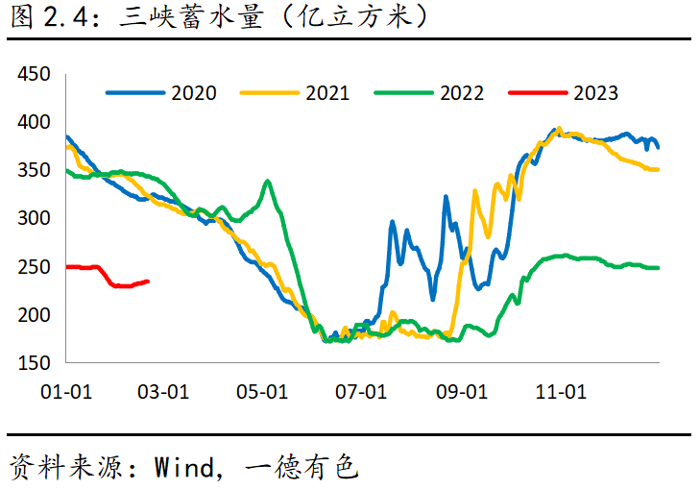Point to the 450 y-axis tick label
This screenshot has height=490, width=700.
click(x=35, y=75)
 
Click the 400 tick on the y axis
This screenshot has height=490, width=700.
click(x=35, y=123)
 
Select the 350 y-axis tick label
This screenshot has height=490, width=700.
click(x=35, y=171)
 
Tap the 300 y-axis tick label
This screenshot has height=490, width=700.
click(x=35, y=219)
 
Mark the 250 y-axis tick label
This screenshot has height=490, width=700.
click(x=35, y=267)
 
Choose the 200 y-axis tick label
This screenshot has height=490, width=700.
click(x=35, y=315)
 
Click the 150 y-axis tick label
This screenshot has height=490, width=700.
click(x=35, y=363)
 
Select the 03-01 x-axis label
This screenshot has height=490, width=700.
click(x=163, y=392)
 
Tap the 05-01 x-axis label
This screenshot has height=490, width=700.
click(x=262, y=392)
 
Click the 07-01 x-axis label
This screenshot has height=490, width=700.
click(x=361, y=392)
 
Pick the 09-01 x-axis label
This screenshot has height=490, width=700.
click(x=461, y=392)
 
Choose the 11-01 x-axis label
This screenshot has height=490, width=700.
click(x=561, y=392)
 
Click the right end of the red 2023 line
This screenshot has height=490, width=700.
click(x=148, y=282)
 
